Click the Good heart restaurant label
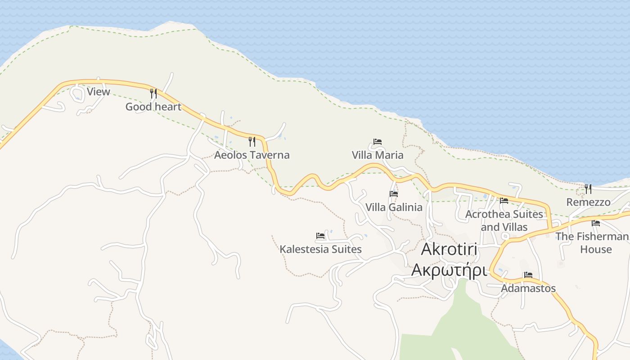click(x=153, y=107)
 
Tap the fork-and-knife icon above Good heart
click(x=153, y=94)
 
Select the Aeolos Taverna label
click(x=252, y=155)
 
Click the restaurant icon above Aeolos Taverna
click(x=252, y=142)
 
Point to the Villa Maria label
click(x=378, y=155)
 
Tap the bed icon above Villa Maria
click(x=378, y=142)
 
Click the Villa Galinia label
click(x=394, y=207)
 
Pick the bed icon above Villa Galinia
click(x=394, y=194)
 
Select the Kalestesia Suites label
click(x=320, y=249)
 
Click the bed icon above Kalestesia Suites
click(x=320, y=236)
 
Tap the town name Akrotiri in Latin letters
click(x=449, y=249)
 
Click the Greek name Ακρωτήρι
click(x=449, y=271)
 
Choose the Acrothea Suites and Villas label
click(x=504, y=220)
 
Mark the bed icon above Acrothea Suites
click(x=504, y=201)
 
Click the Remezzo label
click(x=588, y=202)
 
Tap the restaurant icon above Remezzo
click(x=588, y=189)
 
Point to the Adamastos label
click(x=528, y=288)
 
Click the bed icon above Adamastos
click(x=528, y=275)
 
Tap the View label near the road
click(x=98, y=92)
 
